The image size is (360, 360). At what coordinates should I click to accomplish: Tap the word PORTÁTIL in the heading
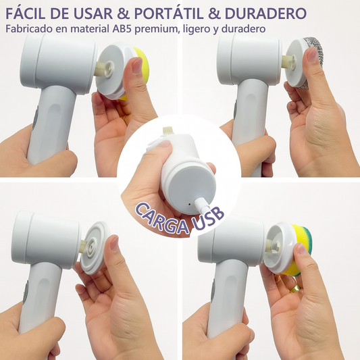(169, 14)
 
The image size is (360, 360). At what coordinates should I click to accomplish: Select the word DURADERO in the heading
(266, 14)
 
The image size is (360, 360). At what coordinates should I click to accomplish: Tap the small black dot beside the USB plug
(189, 204)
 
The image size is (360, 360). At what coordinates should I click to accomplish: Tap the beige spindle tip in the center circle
(168, 131)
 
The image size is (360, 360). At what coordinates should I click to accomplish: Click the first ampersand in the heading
(124, 14)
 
